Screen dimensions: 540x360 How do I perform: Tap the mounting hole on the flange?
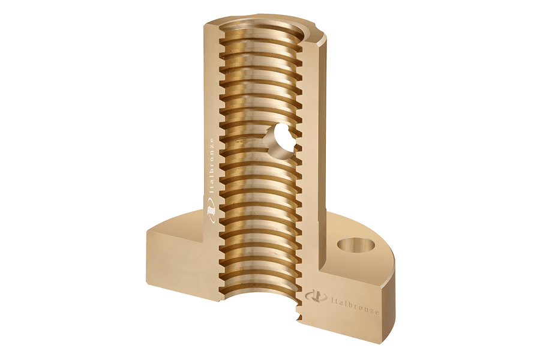click(356, 245)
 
